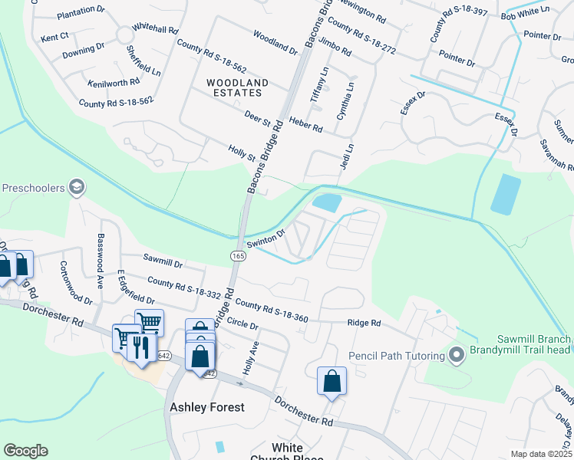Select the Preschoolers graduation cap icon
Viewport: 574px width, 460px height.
76,187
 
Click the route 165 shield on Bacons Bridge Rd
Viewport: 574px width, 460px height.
237,254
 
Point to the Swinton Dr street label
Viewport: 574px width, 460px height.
266,238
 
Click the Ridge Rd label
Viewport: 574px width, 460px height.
364,323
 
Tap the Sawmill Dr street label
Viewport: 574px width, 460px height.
162,264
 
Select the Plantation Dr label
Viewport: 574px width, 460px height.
81,11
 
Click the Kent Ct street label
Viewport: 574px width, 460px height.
54,36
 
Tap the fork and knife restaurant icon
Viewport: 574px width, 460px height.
139,347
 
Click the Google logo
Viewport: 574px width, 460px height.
25,451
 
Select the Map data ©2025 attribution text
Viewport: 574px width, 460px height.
542,454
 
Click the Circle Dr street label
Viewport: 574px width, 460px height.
244,324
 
